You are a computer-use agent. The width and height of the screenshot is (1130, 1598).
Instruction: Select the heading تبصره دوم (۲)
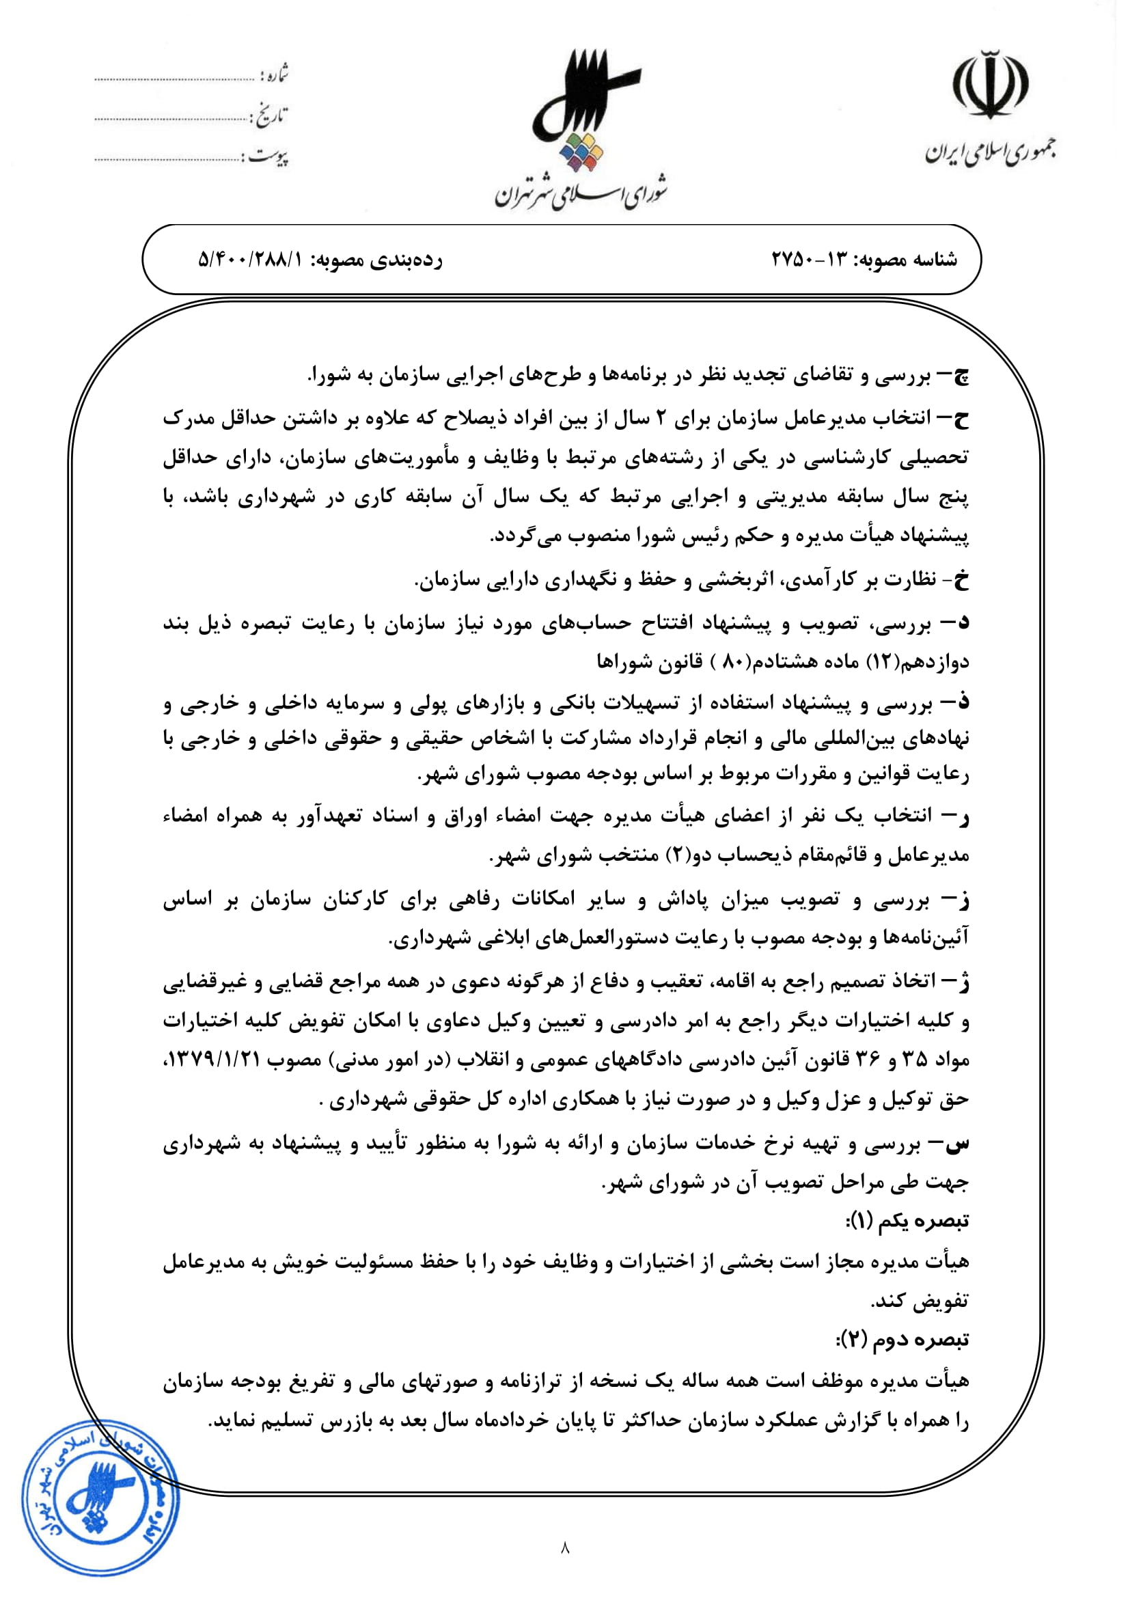902,1339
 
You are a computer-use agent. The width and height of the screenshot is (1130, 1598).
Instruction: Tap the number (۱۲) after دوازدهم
882,662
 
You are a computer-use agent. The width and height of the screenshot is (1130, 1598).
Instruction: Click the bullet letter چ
959,377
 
